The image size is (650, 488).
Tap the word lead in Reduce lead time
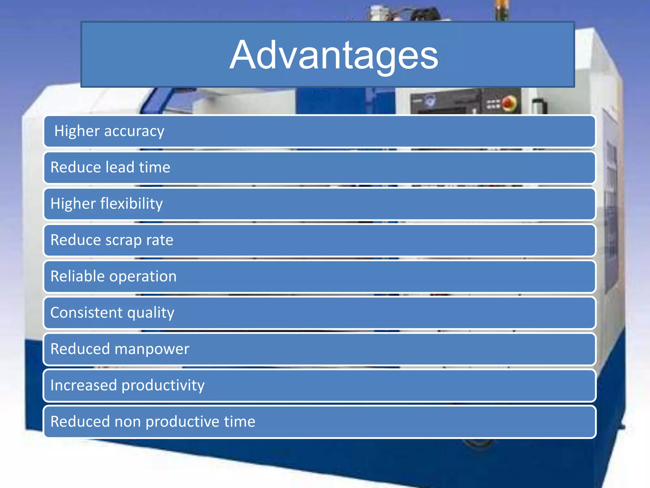point(120,167)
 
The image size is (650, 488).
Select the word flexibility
point(131,204)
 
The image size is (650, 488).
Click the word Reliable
point(77,276)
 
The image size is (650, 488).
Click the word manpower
point(152,349)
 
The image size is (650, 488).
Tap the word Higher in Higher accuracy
point(77,131)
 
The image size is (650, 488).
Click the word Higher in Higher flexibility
point(73,204)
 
